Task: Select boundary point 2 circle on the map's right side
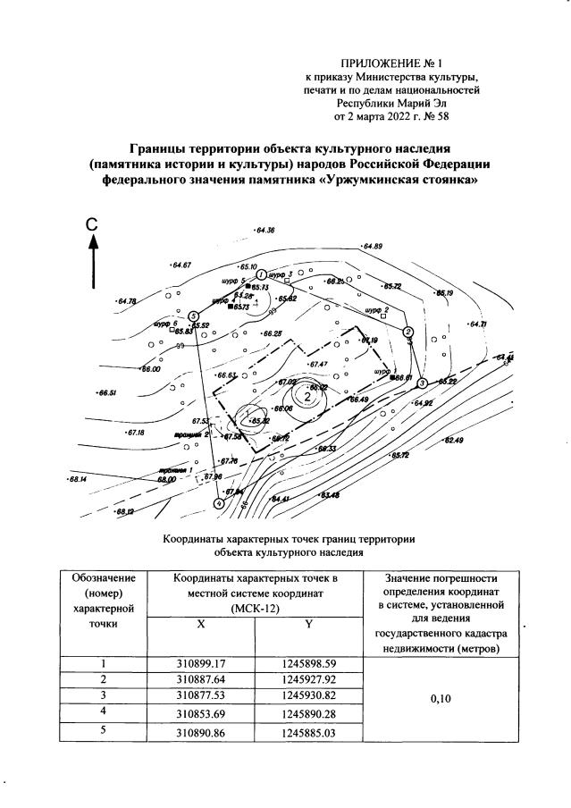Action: [x=408, y=332]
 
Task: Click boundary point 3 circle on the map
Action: [x=422, y=383]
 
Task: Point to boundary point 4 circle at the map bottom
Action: [x=218, y=503]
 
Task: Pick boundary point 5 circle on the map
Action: [x=193, y=314]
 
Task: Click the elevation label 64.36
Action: [x=265, y=231]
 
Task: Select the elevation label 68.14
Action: [x=79, y=479]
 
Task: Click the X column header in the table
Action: [x=201, y=625]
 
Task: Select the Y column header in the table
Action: [x=307, y=625]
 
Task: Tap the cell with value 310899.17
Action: [x=201, y=664]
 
